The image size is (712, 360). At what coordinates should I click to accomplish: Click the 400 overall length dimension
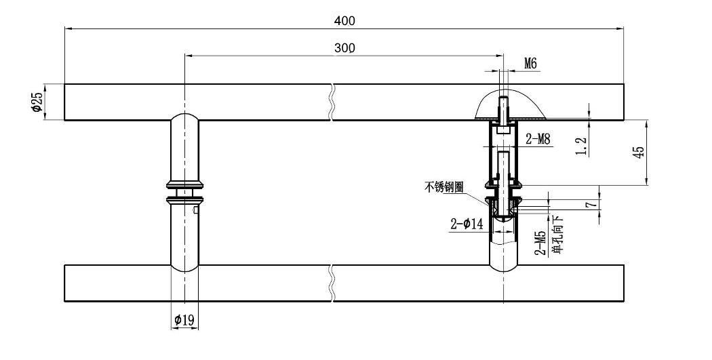[344, 21]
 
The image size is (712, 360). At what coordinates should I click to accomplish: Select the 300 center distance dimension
[344, 48]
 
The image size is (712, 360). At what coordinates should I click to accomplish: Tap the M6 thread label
[530, 64]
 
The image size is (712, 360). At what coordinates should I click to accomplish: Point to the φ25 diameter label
[37, 102]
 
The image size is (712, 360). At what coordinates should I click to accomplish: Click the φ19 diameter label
[184, 321]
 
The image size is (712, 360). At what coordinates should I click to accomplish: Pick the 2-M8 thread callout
[538, 139]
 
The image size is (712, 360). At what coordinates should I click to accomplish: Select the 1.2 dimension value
[582, 146]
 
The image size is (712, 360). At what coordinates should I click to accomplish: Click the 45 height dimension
[638, 152]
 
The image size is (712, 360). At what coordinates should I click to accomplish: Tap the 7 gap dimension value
[591, 205]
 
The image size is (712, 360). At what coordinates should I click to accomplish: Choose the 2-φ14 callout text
[467, 224]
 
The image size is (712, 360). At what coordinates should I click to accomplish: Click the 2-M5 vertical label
[540, 243]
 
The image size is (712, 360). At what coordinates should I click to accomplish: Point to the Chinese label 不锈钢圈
[444, 187]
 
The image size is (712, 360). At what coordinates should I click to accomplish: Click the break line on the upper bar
[332, 102]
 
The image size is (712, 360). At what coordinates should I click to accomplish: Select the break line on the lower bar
[332, 283]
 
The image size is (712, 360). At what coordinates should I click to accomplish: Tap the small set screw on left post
[195, 209]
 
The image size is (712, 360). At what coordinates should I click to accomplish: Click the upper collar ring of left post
[185, 184]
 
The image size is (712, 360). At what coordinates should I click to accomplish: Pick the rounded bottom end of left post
[185, 267]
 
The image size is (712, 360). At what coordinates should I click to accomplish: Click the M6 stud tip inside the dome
[504, 99]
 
